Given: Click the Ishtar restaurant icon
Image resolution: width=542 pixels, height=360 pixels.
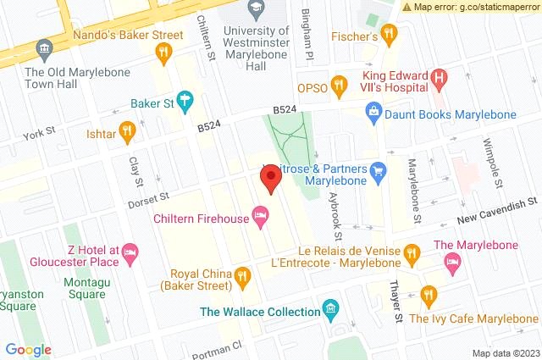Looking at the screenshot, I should point(127,130).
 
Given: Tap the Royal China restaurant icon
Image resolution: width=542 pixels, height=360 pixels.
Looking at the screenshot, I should point(242,274).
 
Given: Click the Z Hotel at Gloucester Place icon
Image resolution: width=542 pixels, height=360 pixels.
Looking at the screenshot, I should point(130,252).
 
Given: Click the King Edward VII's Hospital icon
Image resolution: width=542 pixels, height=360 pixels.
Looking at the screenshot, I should point(438,80).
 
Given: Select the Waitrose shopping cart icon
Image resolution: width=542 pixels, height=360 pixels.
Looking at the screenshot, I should point(379,175).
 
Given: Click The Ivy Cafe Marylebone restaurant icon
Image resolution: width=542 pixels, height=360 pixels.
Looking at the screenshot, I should point(429,296).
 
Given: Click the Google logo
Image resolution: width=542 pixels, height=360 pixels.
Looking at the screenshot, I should point(28,349).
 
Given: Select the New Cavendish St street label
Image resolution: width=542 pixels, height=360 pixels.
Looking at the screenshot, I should point(498,205).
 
